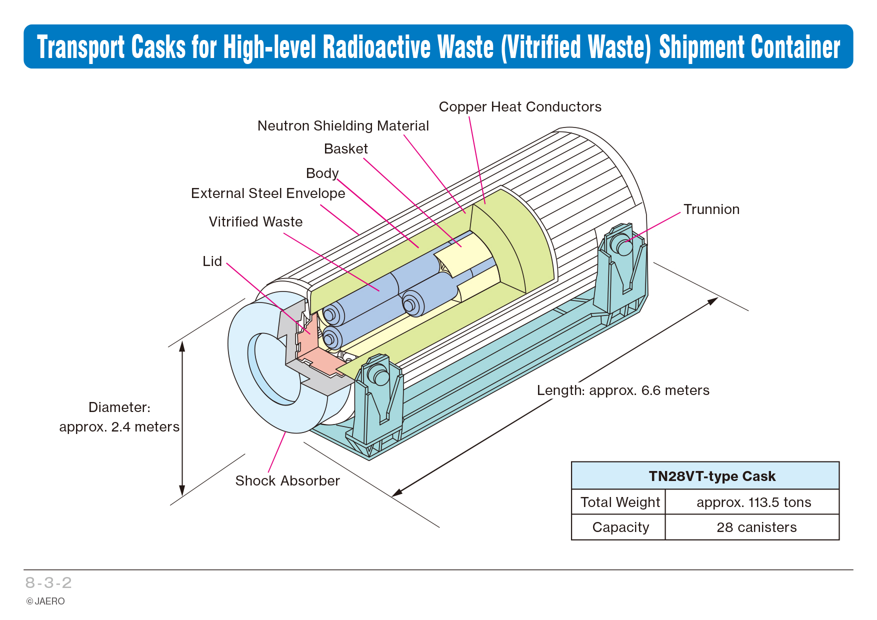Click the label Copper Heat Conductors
[x=520, y=107]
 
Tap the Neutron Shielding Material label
[x=343, y=126]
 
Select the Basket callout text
[x=346, y=149]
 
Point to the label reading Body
[x=322, y=173]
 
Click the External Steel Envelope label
[x=268, y=193]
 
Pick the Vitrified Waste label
[x=255, y=222]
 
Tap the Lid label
[x=212, y=261]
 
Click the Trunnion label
[x=711, y=209]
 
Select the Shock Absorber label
[x=287, y=481]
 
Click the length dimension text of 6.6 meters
[x=623, y=390]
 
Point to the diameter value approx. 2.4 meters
[x=119, y=427]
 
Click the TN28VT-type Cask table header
[x=712, y=476]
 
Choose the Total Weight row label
[x=620, y=502]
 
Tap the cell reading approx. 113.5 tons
[x=753, y=502]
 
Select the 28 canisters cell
[x=756, y=527]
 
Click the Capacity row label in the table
[x=620, y=527]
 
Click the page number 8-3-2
[x=48, y=582]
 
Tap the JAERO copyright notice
[x=45, y=601]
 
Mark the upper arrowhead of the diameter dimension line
[x=182, y=346]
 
